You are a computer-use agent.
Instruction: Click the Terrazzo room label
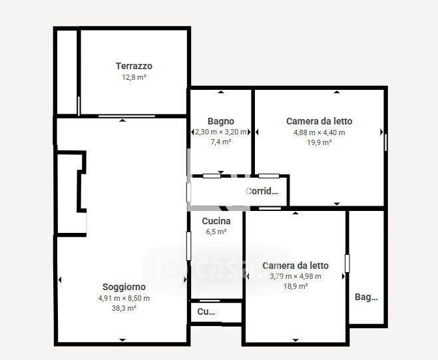coord(134,66)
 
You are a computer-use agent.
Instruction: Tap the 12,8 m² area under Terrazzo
coord(134,77)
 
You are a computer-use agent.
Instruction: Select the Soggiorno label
coord(124,287)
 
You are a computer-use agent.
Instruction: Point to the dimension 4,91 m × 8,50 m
coord(124,298)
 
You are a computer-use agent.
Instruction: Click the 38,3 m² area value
coord(124,308)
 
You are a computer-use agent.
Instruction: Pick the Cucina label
coord(216,221)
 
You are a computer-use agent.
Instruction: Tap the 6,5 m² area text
coord(216,232)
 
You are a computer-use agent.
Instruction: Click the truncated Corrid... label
coord(262,191)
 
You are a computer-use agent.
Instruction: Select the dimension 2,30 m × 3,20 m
coord(221,132)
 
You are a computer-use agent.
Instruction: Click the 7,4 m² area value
coord(221,142)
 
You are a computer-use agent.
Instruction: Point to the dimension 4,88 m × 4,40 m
coord(320,132)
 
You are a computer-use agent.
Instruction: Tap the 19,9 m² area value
coord(320,142)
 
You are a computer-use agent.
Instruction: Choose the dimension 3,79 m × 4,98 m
coord(296,276)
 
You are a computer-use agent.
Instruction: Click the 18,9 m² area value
coord(296,286)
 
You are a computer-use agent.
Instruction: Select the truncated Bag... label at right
coord(366,297)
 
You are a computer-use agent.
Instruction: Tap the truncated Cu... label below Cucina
coord(206,311)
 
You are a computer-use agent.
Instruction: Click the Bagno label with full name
coord(221,122)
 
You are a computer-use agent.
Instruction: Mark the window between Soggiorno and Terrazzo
coord(126,116)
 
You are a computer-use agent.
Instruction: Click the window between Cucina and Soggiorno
coord(188,246)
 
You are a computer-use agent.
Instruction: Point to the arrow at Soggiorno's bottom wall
coord(122,340)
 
